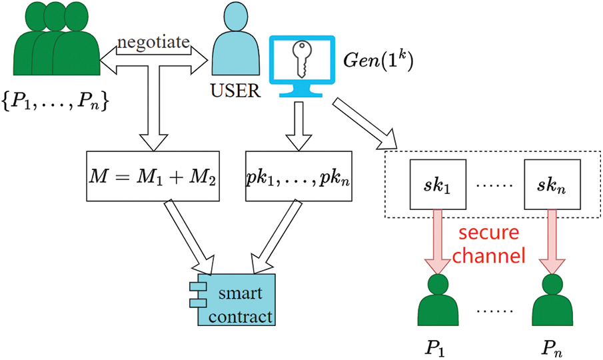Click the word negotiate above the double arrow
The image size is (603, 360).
point(153,42)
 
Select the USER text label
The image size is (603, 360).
point(235,91)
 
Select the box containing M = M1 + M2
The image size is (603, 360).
point(153,176)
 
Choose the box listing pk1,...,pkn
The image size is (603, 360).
point(299,176)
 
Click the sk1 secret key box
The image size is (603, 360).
point(438,185)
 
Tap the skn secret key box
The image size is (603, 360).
point(552,185)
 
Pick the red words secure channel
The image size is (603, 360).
point(489,244)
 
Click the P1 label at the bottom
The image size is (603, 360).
point(435,348)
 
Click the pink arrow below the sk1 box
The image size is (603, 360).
point(438,242)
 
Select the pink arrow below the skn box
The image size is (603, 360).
point(552,242)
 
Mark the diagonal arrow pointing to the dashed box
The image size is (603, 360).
point(364,124)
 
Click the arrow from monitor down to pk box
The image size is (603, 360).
point(299,126)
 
